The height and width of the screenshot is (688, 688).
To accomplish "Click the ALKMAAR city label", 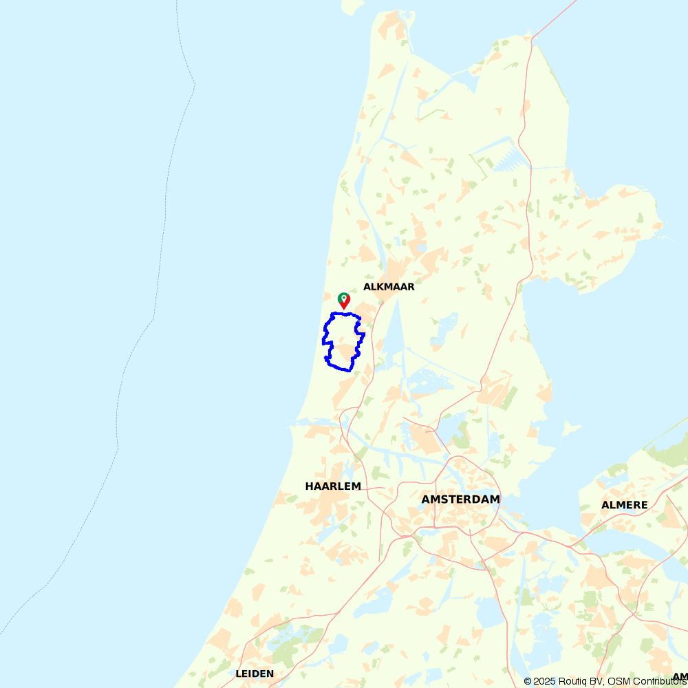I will pos(389,287).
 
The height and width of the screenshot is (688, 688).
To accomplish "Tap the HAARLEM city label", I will pos(333,486).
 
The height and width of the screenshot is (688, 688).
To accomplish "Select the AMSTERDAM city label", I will pos(460,499).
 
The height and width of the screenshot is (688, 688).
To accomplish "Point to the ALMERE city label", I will pos(624,505).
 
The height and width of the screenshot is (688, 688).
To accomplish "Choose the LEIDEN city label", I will pos(255,674).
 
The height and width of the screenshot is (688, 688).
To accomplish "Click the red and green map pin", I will pos(343,301).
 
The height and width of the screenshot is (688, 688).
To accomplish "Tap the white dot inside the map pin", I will pos(343,298).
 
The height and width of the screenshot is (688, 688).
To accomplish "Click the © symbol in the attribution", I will pos(528,681).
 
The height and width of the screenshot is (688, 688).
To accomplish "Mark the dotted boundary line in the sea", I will pos(165,206).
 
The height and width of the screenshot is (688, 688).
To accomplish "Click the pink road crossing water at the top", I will pos(557,17).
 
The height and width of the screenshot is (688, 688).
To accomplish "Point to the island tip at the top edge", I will pos(355,6).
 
